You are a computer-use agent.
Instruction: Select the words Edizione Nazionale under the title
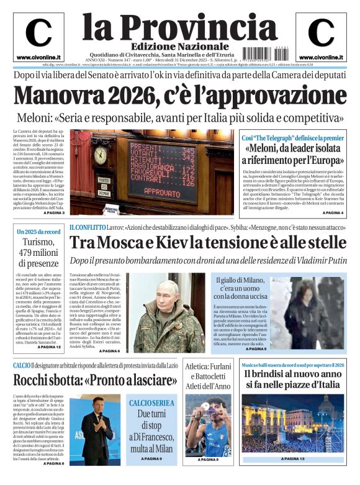pyautogui.click(x=179, y=47)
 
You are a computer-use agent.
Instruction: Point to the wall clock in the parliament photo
pyautogui.click(x=99, y=155)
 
